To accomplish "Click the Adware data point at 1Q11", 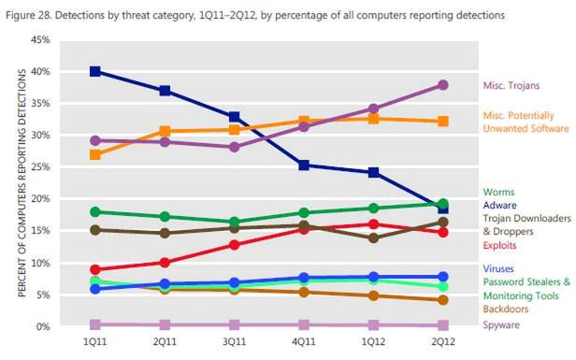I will [95, 72].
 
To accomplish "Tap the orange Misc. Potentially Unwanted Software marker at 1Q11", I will [95, 154].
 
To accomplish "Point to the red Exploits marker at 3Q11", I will [235, 245].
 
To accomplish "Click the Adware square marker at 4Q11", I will [305, 166].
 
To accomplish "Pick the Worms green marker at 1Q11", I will [95, 212].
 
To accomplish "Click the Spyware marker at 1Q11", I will [95, 324].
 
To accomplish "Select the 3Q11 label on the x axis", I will [235, 343].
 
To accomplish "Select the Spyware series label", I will [503, 325].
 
